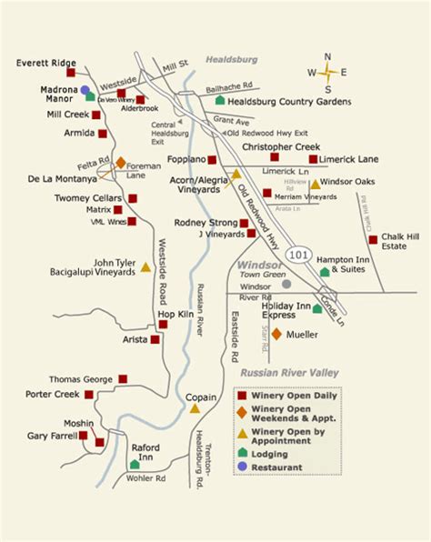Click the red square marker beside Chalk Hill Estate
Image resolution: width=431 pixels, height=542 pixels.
[373, 240]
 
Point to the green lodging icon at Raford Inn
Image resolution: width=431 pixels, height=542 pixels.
[135, 465]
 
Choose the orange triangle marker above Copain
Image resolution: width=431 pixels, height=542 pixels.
[195, 408]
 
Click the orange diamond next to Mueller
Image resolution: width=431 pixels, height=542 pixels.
[276, 333]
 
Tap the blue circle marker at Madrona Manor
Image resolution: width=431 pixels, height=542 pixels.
[85, 90]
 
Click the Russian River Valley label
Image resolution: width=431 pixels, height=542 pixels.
[289, 372]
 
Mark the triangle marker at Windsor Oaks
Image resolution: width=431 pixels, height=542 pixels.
[316, 184]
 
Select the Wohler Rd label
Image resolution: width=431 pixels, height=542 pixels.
[145, 477]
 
